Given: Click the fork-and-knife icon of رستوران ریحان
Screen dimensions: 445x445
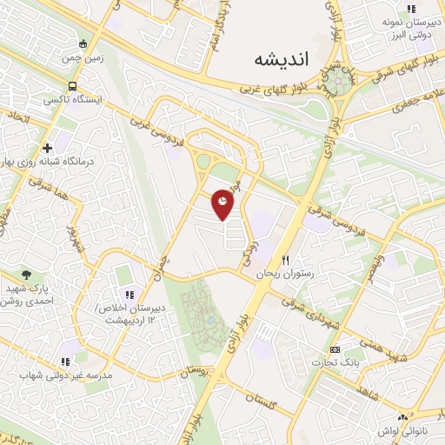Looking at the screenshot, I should pyautogui.click(x=285, y=260).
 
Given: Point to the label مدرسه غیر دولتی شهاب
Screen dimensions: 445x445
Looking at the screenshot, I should pyautogui.click(x=65, y=375).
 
